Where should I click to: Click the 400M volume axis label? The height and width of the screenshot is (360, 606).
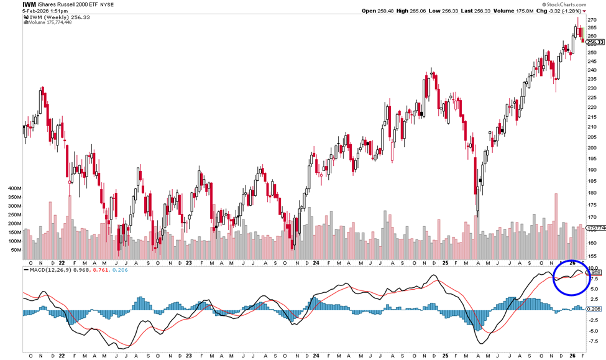(x=14, y=187)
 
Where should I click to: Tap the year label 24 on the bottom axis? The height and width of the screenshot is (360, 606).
(x=316, y=356)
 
